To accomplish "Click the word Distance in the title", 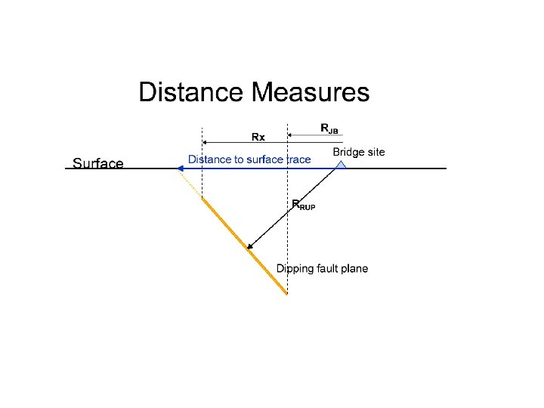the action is [190, 93].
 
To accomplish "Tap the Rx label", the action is [258, 137].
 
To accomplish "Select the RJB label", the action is [329, 128].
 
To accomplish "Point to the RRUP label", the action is [303, 204].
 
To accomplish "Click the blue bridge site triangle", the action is [341, 162].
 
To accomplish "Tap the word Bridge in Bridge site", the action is [349, 152].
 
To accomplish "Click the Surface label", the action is [97, 163].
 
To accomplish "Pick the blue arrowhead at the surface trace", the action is [181, 168].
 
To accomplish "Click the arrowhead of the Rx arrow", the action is [206, 141].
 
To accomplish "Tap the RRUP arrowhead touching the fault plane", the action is [251, 245].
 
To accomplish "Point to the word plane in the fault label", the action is [353, 269].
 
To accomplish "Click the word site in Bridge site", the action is [376, 152].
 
